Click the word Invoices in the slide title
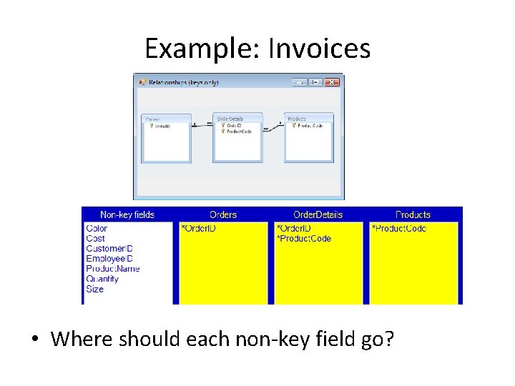(x=319, y=49)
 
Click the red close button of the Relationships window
(x=331, y=82)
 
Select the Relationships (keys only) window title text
(x=183, y=82)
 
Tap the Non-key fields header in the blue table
(x=127, y=214)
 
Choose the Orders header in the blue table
(x=223, y=214)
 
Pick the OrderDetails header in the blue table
(x=318, y=214)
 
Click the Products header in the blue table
(x=413, y=214)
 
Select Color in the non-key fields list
(x=97, y=229)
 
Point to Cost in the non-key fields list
(x=95, y=239)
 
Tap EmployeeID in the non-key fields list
(x=109, y=259)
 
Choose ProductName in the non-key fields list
(x=113, y=269)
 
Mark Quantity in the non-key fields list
(x=102, y=279)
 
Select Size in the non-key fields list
(x=94, y=289)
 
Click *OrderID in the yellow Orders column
(x=199, y=229)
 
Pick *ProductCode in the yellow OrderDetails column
(x=304, y=239)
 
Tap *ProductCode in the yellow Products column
(x=399, y=229)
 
